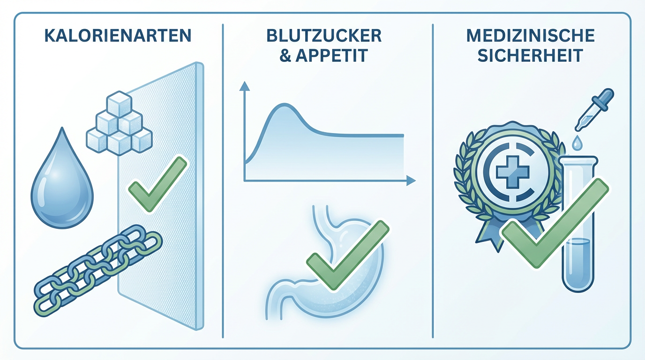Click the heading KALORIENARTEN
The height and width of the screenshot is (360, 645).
[118, 36]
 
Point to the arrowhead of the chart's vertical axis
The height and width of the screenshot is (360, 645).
[244, 85]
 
